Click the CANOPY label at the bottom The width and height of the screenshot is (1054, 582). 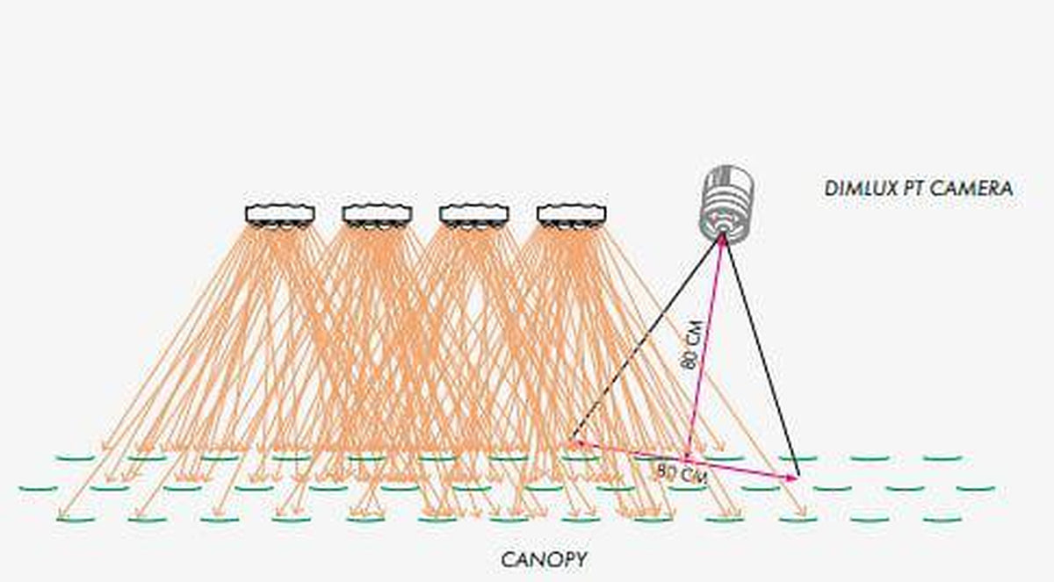pos(544,560)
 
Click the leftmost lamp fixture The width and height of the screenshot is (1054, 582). pos(280,216)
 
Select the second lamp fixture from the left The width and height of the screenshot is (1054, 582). pos(378,216)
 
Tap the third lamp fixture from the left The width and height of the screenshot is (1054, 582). pos(474,216)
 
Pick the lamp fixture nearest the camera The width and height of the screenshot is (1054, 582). pos(572,216)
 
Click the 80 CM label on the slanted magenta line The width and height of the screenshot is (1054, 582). pos(691,345)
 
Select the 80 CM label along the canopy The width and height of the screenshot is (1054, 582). pos(682,473)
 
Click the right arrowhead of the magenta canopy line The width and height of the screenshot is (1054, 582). pos(792,478)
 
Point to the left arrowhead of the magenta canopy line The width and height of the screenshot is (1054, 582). pos(575,442)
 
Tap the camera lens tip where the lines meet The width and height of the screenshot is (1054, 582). pos(722,236)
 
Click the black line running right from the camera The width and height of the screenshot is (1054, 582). pos(762,356)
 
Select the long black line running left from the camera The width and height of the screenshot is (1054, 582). pos(646,339)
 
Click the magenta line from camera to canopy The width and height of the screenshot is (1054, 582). pos(704,347)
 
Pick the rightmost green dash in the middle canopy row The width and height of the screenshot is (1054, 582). pos(976,489)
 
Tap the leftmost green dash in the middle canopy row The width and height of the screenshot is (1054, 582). pos(39,489)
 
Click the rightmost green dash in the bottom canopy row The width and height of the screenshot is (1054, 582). pos(942,520)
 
